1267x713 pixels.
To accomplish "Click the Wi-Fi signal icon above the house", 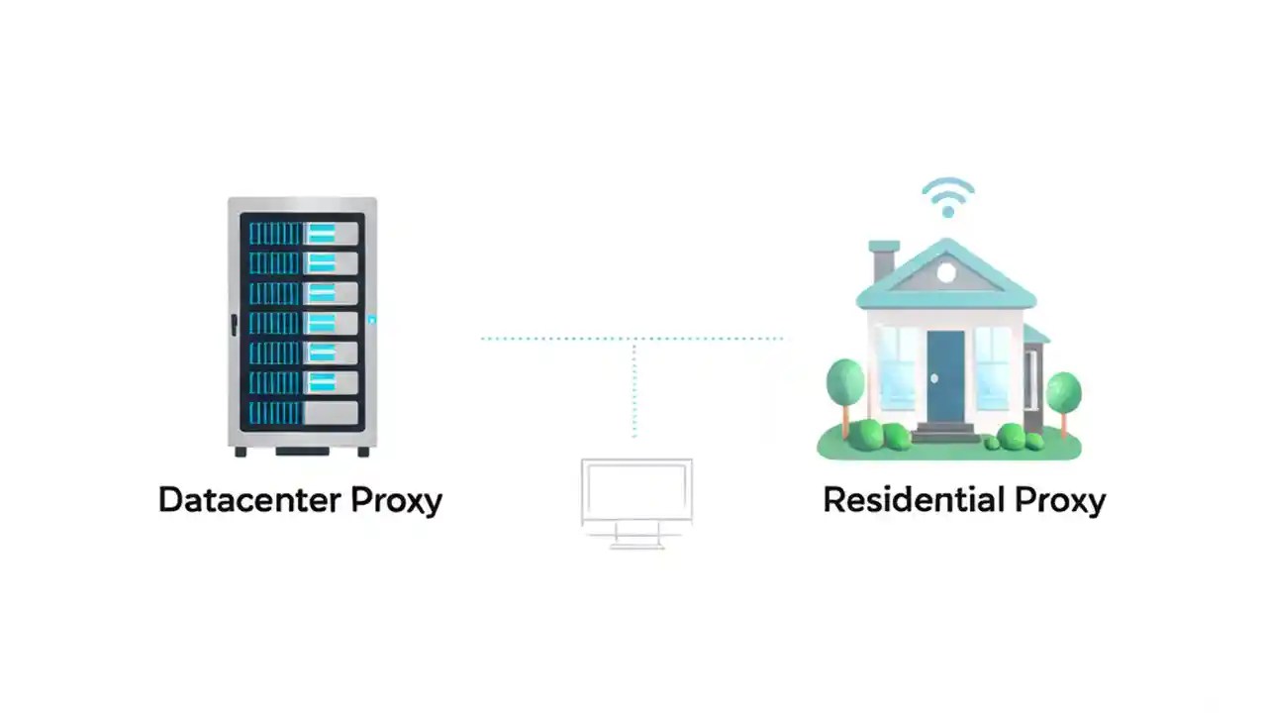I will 947,197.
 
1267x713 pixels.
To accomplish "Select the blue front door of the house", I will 945,374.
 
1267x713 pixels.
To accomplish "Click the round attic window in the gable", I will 946,271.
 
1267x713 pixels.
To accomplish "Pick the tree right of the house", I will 1063,395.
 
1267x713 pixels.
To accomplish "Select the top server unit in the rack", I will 302,234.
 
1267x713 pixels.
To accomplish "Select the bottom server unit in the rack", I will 302,412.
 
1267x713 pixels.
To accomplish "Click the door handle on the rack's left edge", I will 234,323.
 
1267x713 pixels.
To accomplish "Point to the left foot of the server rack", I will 241,452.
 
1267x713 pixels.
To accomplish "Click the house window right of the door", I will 992,366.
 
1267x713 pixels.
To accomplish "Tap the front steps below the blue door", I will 945,433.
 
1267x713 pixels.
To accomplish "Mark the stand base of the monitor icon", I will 636,544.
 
